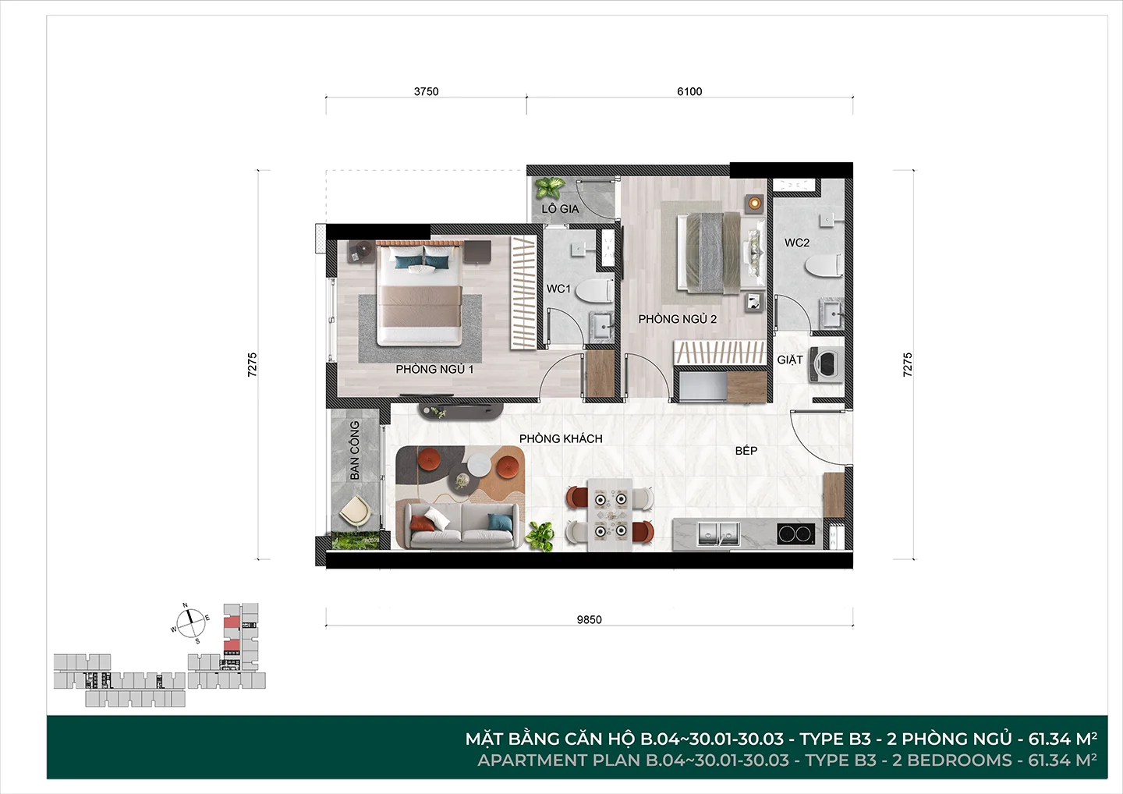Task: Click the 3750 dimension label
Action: click(426, 92)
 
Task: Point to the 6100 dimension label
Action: click(689, 92)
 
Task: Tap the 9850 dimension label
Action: click(589, 620)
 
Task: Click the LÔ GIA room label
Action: click(560, 209)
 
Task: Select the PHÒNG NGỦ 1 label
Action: click(434, 370)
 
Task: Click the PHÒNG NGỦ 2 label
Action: click(677, 319)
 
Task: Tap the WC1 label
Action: click(558, 289)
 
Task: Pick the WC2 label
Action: click(797, 243)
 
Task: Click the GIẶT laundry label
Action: click(790, 360)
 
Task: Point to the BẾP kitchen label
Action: click(746, 451)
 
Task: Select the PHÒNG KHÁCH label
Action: click(561, 438)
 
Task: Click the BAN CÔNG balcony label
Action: click(354, 450)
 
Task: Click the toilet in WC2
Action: click(824, 265)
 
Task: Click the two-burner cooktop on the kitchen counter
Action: click(796, 533)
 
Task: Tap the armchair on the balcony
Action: click(355, 512)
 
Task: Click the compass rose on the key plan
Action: click(191, 623)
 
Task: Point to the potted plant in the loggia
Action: click(548, 188)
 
